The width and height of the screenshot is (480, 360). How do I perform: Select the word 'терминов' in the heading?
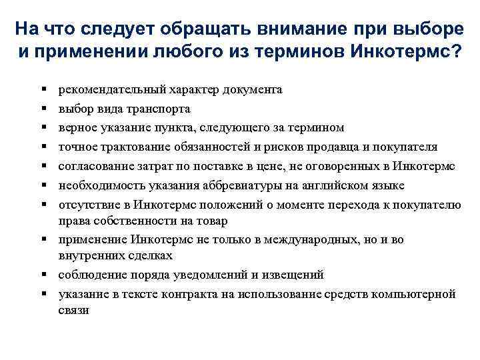click(303, 52)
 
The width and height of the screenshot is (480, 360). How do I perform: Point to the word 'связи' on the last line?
click(73, 310)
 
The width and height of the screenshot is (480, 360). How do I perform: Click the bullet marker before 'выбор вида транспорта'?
click(43, 109)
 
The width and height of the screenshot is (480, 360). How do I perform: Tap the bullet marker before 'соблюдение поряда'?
click(43, 275)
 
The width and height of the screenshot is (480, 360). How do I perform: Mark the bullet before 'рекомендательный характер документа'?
click(43, 89)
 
